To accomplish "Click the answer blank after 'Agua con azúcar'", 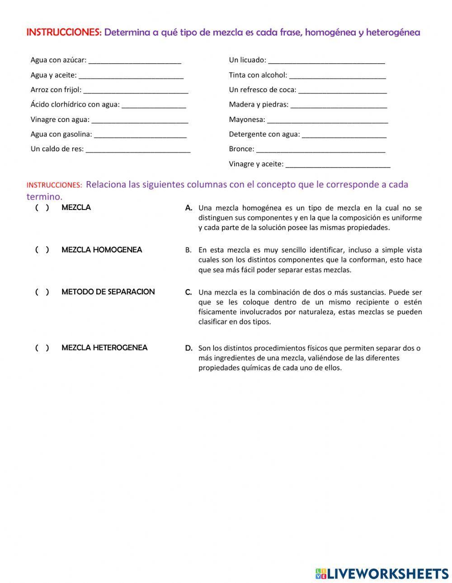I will (x=135, y=60).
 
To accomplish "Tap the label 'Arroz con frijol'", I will (x=56, y=90).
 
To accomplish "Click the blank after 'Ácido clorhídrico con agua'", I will (x=154, y=105).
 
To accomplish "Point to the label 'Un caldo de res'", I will (x=57, y=149).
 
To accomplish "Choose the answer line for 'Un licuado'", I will (x=326, y=60).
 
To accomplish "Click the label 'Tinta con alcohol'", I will (x=258, y=75).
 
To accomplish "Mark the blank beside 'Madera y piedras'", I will (x=339, y=105).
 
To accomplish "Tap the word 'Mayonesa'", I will (x=247, y=120).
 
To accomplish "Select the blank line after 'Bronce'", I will (x=320, y=149).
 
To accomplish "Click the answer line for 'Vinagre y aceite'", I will (x=338, y=164).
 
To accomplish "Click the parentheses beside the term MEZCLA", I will (x=42, y=208).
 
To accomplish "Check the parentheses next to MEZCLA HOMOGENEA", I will (x=42, y=250).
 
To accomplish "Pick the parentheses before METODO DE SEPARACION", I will (x=42, y=292).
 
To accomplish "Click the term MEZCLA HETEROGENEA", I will (x=104, y=348).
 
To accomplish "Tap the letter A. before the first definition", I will (x=188, y=208).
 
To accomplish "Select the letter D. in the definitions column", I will (x=188, y=348).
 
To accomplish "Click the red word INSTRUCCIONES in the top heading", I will (x=64, y=33).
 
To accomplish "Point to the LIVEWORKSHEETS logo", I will (x=382, y=573).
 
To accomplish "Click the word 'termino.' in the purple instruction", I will (x=44, y=196).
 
